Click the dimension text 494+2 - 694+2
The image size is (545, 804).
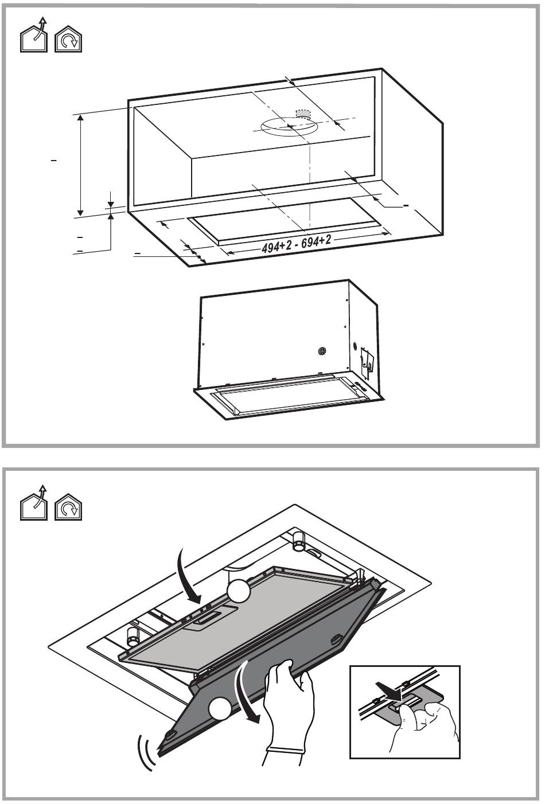point(297,245)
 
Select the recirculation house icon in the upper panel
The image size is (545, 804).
point(68,39)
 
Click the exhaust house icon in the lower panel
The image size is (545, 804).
point(34,502)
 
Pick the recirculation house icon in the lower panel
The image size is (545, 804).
point(68,507)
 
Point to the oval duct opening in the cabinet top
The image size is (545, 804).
point(289,127)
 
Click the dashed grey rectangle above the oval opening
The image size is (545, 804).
point(302,114)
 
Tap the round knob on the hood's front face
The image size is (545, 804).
point(322,351)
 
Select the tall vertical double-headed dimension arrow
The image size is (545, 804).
point(81,166)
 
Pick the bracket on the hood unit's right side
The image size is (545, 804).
point(368,362)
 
